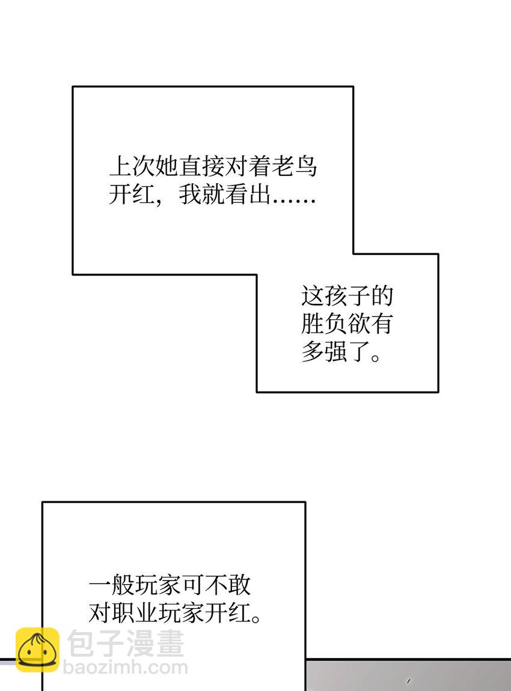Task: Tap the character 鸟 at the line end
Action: coord(306,166)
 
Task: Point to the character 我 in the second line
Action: coord(190,194)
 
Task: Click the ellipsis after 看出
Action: coord(295,201)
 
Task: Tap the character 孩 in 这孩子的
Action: coord(336,296)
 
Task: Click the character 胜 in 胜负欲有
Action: coord(313,324)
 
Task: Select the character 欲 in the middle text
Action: coord(359,324)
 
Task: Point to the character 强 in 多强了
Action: coord(336,351)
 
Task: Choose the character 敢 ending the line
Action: coord(239,585)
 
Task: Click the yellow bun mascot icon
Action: coord(37,650)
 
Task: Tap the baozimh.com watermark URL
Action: coord(126,667)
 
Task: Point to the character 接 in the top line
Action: coord(213,166)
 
